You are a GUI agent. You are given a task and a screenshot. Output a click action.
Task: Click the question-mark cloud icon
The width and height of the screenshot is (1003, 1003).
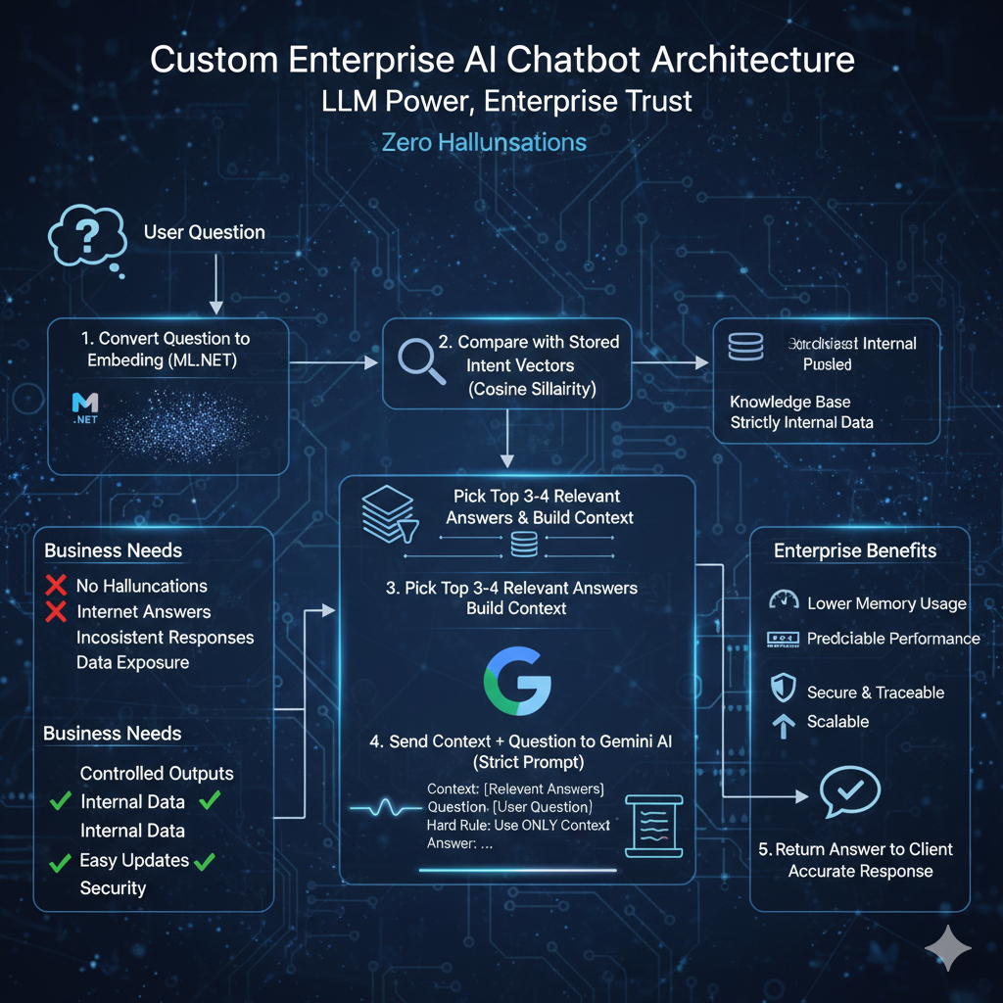[86, 238]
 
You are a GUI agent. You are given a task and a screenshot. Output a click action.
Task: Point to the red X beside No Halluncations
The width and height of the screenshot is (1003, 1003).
[56, 586]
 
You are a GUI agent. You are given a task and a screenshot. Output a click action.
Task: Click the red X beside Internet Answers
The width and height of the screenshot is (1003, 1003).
[56, 612]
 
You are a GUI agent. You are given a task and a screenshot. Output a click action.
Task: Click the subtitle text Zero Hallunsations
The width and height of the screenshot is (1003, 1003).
[484, 142]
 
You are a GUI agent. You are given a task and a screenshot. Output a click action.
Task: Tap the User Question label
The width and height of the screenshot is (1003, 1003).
[204, 232]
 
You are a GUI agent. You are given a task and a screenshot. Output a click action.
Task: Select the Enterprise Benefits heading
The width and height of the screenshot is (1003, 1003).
[855, 550]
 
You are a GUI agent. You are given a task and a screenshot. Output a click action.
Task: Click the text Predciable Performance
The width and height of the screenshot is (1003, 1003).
[892, 639]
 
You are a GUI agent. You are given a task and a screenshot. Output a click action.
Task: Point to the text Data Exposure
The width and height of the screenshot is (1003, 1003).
[132, 662]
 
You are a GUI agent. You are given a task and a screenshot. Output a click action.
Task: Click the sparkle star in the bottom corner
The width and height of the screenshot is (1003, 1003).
[948, 948]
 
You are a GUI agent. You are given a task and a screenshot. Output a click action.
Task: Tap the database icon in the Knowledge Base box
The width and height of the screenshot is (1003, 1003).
[744, 344]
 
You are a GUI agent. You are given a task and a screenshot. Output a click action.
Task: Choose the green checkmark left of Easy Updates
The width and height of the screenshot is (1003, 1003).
[61, 862]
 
